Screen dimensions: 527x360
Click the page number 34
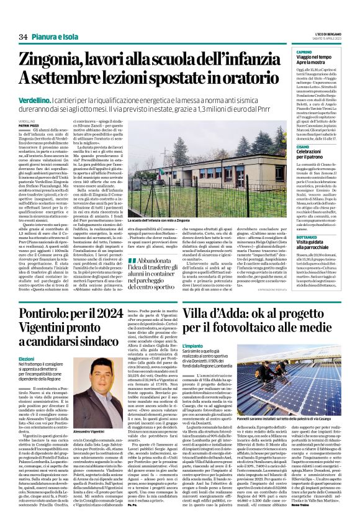point(23,37)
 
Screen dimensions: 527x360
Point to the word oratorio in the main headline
point(232,78)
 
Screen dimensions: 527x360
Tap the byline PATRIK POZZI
point(28,126)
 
